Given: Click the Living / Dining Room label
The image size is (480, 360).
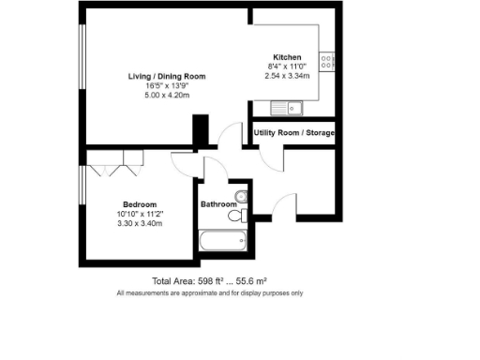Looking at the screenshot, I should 166,75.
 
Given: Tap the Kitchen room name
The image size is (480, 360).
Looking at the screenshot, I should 287,56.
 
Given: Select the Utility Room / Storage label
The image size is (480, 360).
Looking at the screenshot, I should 293,133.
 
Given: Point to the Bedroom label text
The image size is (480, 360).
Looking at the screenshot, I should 139,204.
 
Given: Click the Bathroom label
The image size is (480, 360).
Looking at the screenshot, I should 218,204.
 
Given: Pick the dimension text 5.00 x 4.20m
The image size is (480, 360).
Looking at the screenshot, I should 166,95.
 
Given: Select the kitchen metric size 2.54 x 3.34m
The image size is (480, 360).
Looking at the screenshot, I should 287,75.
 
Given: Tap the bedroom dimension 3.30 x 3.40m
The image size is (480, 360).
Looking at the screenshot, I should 139,224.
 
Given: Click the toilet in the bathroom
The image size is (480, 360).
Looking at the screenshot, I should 237,217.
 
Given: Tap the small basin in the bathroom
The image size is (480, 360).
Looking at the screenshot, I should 242,196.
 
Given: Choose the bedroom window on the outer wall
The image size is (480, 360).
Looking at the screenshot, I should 82,184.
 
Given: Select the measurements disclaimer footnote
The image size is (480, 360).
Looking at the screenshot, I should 209,293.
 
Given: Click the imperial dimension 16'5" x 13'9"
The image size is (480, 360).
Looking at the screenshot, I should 166,85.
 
